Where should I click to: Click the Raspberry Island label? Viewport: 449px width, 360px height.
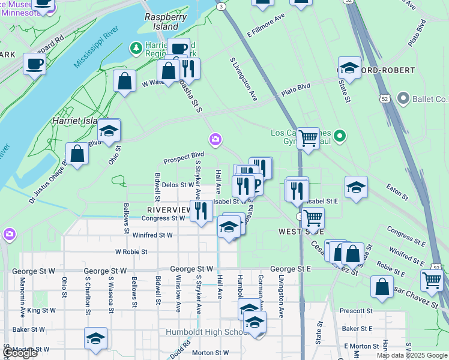coord(161,22)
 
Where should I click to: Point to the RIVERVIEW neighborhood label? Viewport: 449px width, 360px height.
coord(168,210)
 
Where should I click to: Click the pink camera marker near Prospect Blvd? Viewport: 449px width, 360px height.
coord(215,140)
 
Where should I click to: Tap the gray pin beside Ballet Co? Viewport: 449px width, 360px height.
coord(403,98)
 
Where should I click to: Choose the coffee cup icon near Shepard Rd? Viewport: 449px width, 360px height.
coord(34,63)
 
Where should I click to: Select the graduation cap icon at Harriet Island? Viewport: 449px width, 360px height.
coord(109,130)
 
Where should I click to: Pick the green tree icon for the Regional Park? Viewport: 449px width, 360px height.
coord(137,47)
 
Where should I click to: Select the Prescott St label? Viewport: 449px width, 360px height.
coord(356,311)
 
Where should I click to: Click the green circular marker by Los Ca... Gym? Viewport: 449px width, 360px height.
coord(340,136)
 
